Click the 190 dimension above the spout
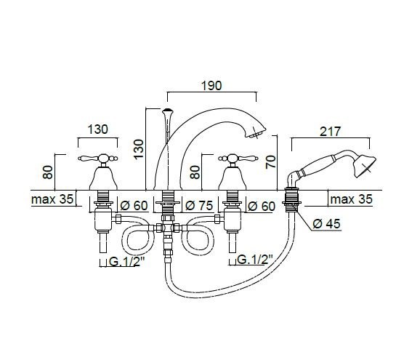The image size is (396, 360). click(x=211, y=86)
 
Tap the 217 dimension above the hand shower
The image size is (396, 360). click(x=331, y=132)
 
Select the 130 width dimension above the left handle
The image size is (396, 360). click(x=98, y=129)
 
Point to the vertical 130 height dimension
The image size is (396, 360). click(x=139, y=149)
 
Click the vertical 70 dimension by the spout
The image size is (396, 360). click(x=270, y=162)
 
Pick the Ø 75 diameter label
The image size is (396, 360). click(x=199, y=206)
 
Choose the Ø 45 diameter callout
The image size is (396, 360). click(x=326, y=223)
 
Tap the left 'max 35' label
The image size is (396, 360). click(x=52, y=199)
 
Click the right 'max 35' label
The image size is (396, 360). click(x=351, y=199)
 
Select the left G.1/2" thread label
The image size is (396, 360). click(x=126, y=262)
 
